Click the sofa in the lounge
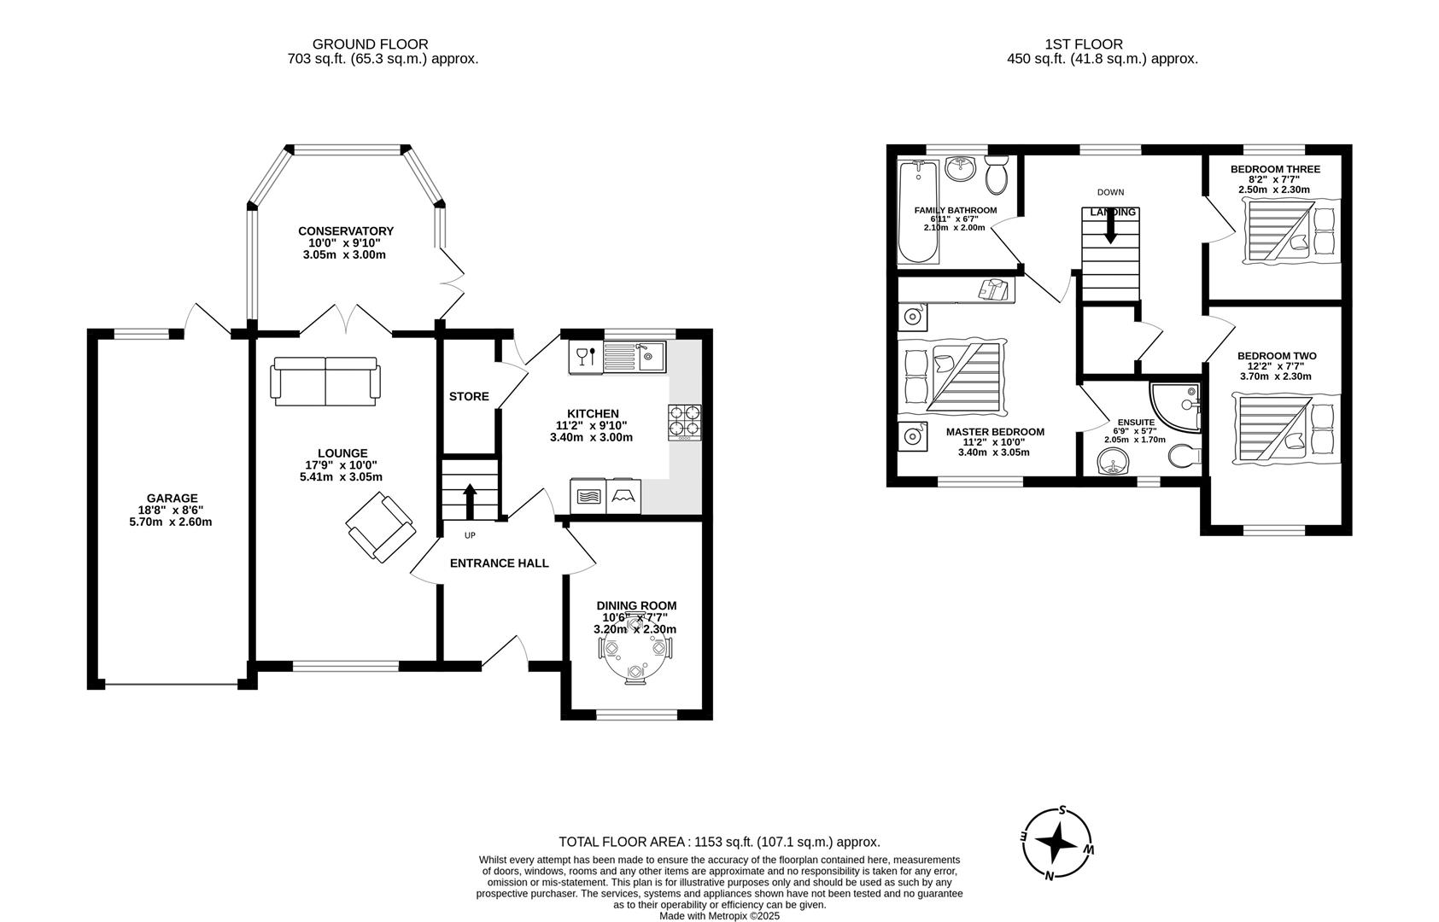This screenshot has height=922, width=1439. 325,380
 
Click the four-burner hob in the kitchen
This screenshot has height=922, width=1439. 684,421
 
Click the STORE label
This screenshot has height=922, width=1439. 469,396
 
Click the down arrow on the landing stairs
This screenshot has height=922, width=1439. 1110,227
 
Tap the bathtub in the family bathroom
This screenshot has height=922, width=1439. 918,213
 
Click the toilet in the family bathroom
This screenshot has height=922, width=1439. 996,176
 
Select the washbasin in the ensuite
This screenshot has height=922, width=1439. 1112,462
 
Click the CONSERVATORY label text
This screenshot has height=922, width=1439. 346,230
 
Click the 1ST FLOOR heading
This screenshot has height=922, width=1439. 1084,44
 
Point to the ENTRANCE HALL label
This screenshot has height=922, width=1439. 499,563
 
